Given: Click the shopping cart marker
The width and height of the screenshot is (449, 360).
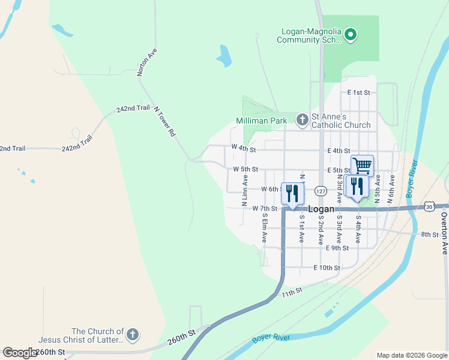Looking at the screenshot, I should coord(362,165).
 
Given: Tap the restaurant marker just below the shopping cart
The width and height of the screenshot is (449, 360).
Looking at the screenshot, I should coord(357,186).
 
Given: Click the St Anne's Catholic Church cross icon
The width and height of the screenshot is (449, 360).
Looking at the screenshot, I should coord(302,121).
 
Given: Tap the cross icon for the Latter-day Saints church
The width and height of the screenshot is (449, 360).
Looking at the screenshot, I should coord(133,335).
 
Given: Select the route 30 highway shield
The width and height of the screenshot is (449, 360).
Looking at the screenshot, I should coord(429,206).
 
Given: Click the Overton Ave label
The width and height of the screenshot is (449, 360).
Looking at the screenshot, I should coord(445,233).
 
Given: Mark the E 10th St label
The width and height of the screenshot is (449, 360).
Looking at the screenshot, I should coord(327,268).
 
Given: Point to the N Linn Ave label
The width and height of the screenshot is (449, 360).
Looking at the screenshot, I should coord(245,191).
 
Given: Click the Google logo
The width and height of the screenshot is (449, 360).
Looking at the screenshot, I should coord(19,353).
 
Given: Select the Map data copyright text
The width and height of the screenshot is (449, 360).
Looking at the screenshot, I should coord(411,355).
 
